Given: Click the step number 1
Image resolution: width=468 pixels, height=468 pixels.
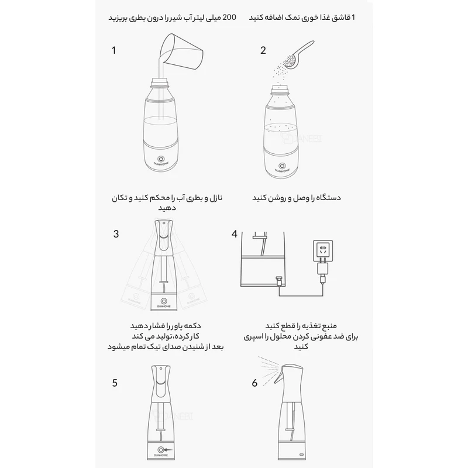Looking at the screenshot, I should [x=114, y=50].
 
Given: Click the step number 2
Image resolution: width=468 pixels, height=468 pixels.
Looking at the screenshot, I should [x=263, y=50].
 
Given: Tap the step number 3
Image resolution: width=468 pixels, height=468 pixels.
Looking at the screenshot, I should [x=116, y=234].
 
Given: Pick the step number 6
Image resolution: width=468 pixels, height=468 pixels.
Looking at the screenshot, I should [x=254, y=383].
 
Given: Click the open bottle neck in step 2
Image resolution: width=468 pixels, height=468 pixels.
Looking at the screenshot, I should [x=283, y=89].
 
